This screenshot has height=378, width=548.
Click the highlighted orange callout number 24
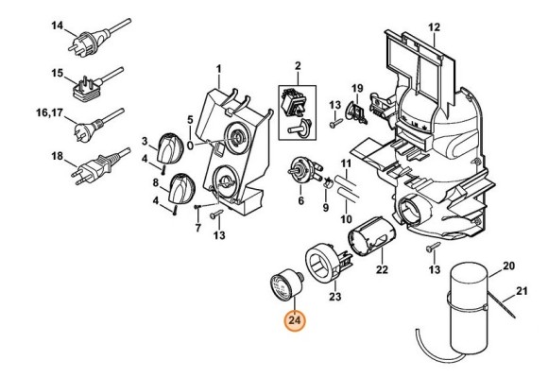pos(295,320)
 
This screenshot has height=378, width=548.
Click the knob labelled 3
pos(171,148)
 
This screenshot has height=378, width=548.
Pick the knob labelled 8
pos(181,188)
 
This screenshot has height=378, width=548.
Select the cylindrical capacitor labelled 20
pos(469,308)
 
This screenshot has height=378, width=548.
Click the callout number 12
pos(434,26)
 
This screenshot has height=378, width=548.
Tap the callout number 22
pos(382,269)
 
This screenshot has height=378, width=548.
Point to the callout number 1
pos(219,69)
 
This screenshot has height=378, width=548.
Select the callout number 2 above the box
pos(298,66)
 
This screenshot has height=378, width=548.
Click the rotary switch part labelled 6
pos(302,170)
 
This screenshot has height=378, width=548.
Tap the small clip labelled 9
pos(328,182)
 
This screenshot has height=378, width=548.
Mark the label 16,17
pos(50,113)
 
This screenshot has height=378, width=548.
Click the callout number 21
pos(522,290)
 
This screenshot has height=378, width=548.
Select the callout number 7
pos(198,229)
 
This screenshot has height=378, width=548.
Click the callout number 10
pos(346,219)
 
